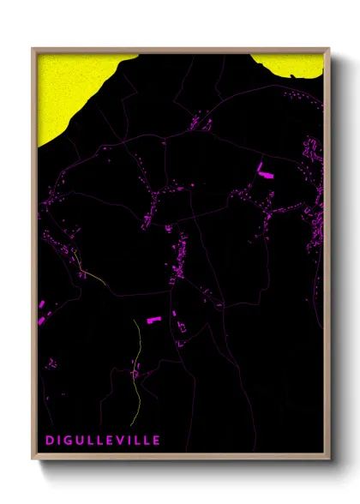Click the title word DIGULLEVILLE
pos(103,440)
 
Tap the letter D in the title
pos(50,440)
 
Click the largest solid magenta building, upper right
pos(264,169)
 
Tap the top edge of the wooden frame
pos(180,50)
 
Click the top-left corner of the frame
pos(33,50)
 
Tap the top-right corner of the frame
pos(328,50)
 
